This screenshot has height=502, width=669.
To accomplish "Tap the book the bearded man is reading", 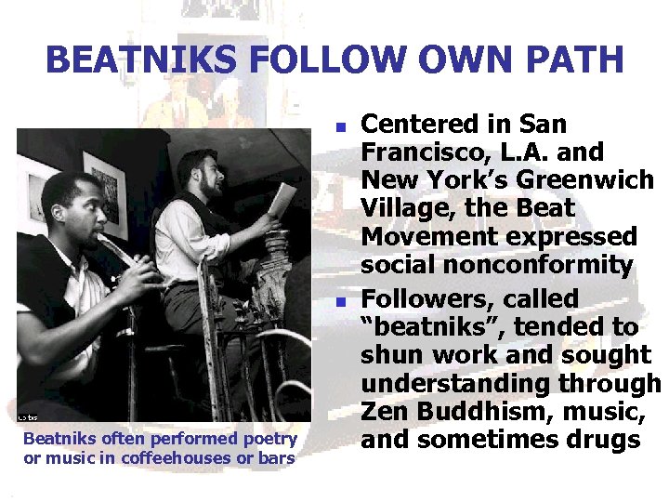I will pos(282,199).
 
